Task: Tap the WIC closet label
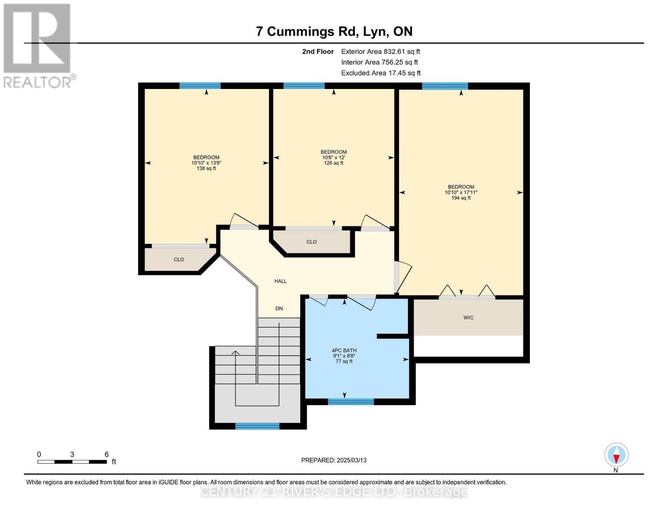click(468, 318)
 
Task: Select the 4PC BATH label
click(344, 350)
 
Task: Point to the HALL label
click(280, 281)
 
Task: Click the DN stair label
click(279, 309)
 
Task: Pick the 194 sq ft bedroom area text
click(461, 198)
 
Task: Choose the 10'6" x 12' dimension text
click(334, 157)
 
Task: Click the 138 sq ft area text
click(206, 169)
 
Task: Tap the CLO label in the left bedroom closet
click(179, 260)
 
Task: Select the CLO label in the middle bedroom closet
click(311, 242)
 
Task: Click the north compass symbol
click(616, 455)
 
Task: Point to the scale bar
click(72, 462)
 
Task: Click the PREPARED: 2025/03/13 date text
click(334, 460)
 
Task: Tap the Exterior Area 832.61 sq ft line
click(380, 52)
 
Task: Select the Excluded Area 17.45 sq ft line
click(381, 73)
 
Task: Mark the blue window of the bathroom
click(351, 402)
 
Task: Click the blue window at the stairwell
click(257, 426)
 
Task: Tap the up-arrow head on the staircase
click(235, 353)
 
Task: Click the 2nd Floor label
click(318, 52)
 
